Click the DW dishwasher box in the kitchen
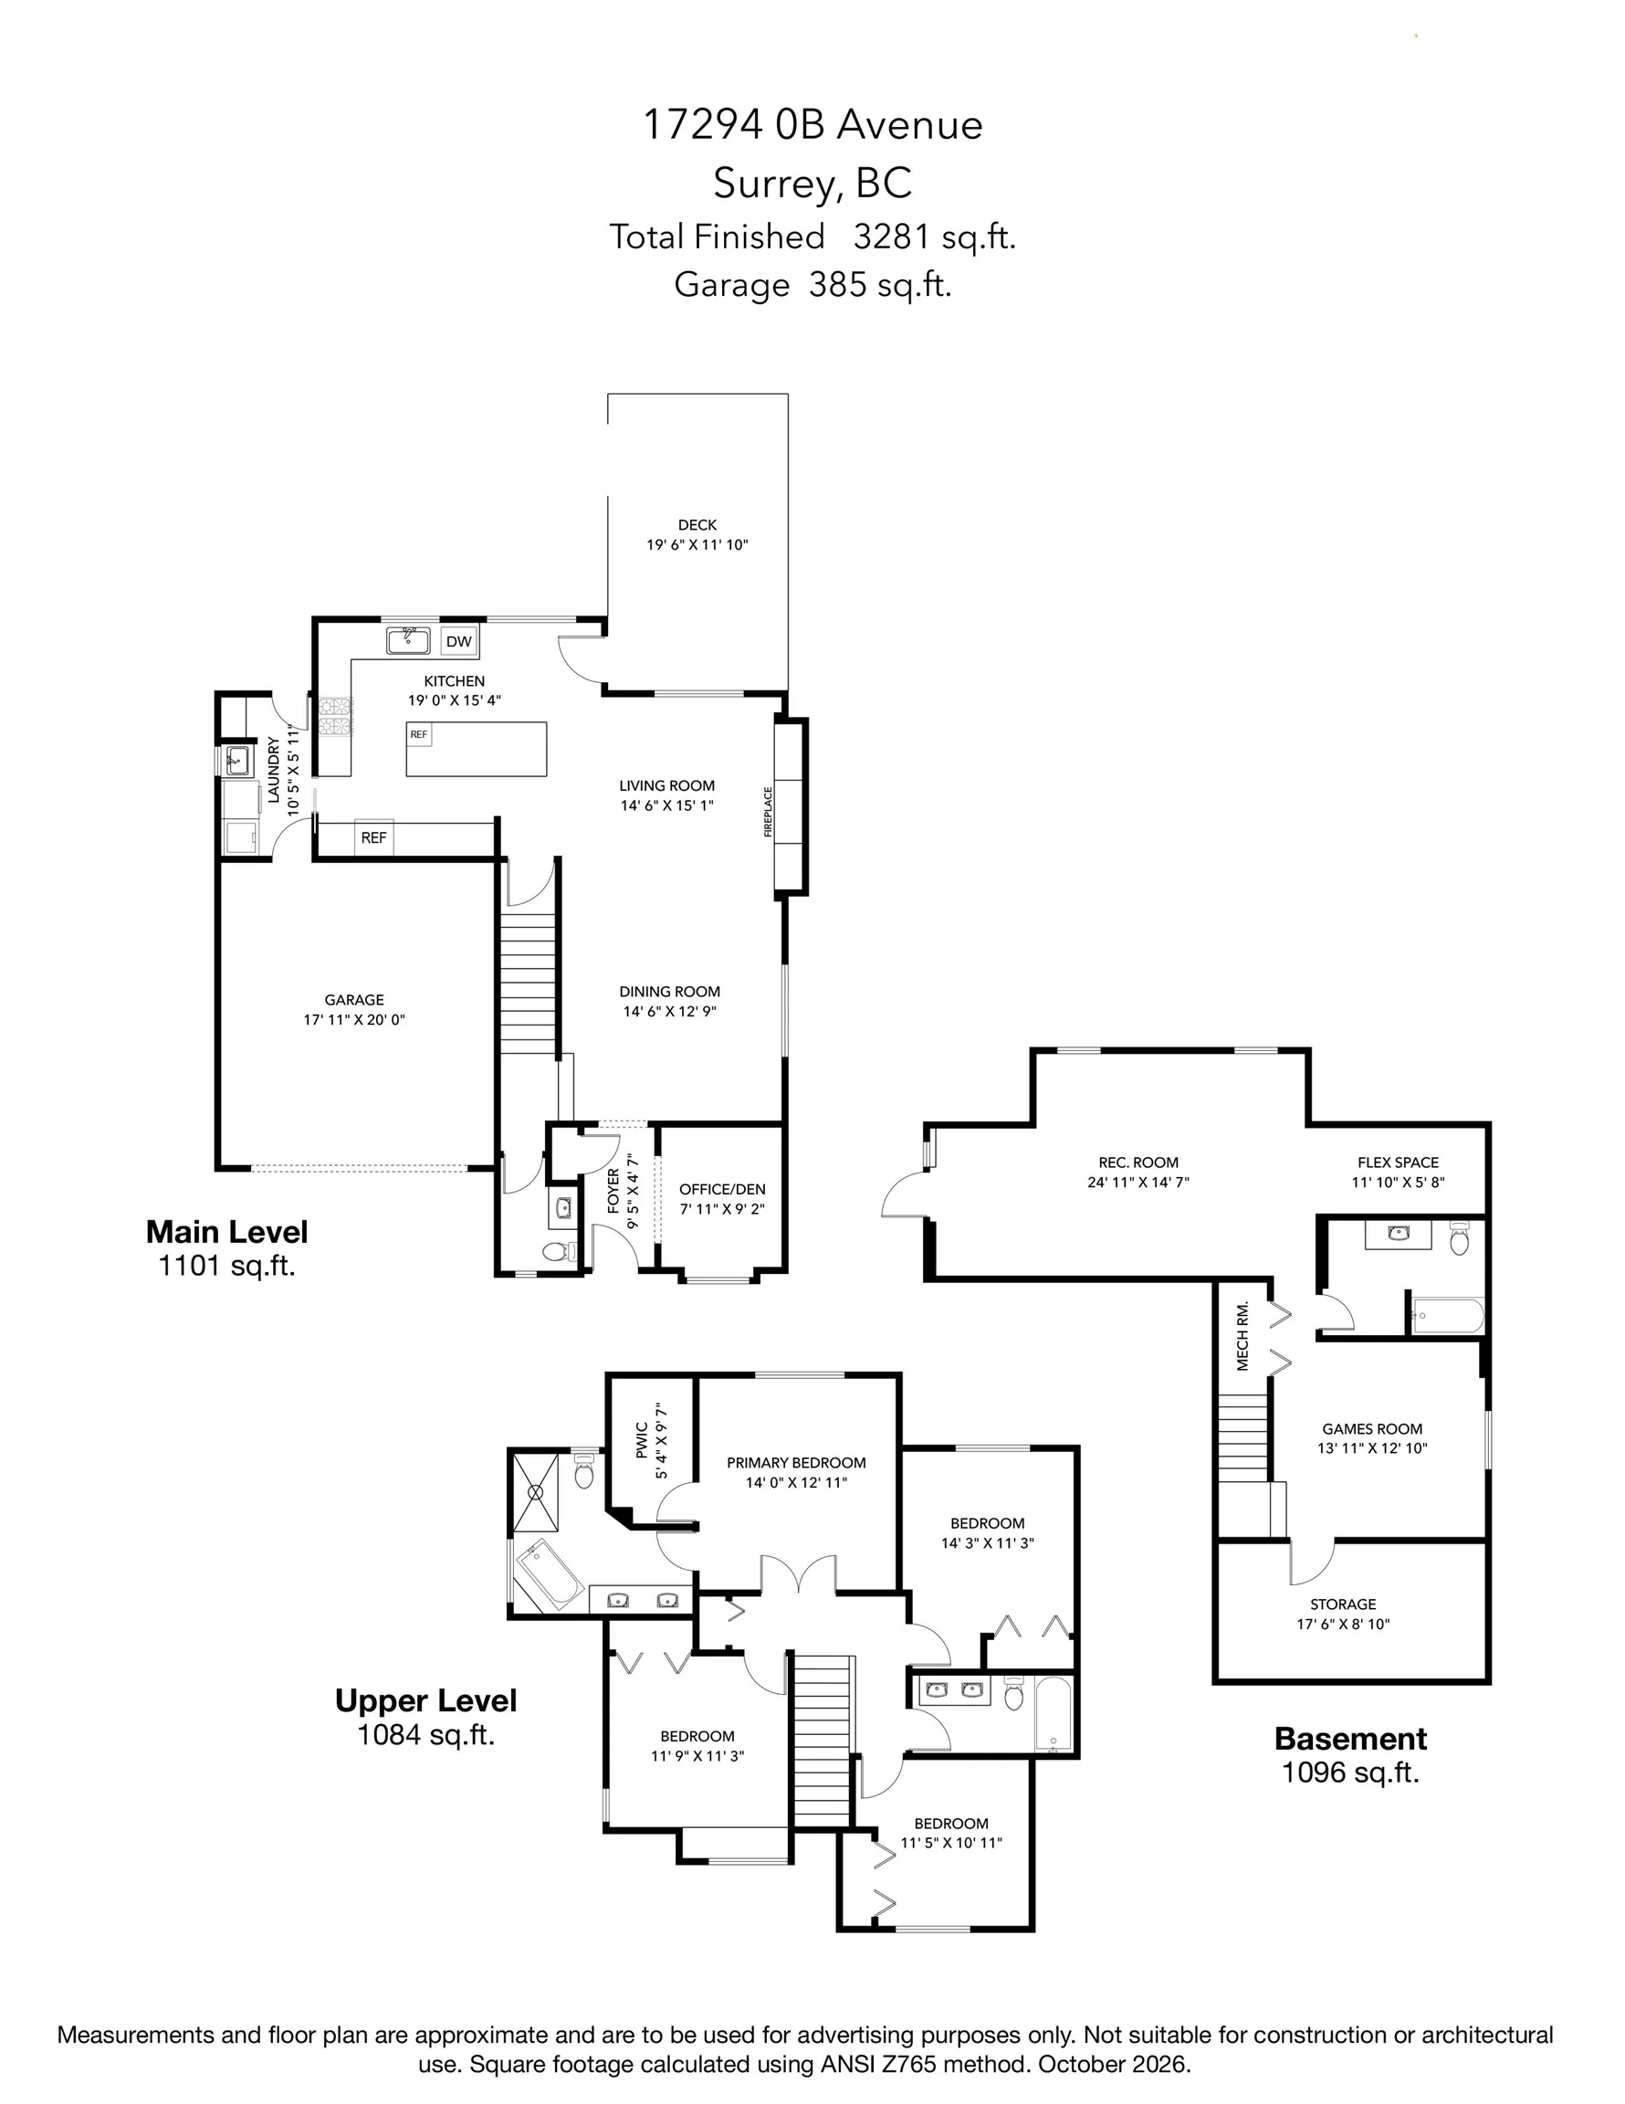tap(459, 641)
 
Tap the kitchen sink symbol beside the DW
tap(408, 639)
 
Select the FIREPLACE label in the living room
tap(769, 811)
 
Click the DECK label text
tap(697, 525)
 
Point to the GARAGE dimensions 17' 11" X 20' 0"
tap(354, 1019)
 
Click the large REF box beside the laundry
tap(373, 838)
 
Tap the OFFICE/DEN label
tap(722, 1189)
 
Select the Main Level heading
tap(227, 1231)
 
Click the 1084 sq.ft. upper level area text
tap(425, 1734)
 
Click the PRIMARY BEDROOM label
tap(797, 1462)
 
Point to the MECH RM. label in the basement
tap(1242, 1336)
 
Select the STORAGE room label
tap(1343, 1604)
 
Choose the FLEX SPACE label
tap(1398, 1162)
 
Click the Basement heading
tap(1350, 1739)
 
